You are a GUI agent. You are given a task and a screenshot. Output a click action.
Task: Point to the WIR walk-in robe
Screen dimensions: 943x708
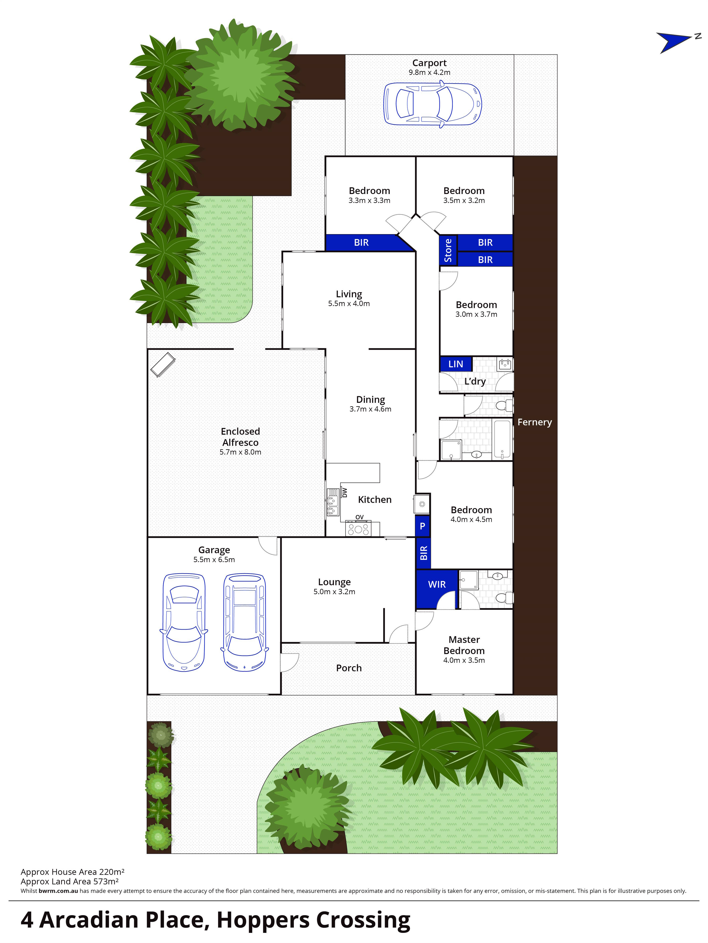(x=437, y=585)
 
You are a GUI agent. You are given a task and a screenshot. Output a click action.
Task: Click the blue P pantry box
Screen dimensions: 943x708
(x=422, y=526)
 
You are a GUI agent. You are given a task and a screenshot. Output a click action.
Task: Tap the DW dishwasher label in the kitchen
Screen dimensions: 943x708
(x=344, y=493)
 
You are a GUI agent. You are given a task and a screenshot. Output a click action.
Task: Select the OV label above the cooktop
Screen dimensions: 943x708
(x=359, y=517)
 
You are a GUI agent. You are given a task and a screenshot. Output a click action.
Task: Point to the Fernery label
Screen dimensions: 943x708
(x=535, y=422)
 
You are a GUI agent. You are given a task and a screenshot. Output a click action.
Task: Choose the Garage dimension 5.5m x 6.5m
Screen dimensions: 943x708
(x=214, y=560)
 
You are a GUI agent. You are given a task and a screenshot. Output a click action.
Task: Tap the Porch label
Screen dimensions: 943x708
(x=349, y=668)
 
